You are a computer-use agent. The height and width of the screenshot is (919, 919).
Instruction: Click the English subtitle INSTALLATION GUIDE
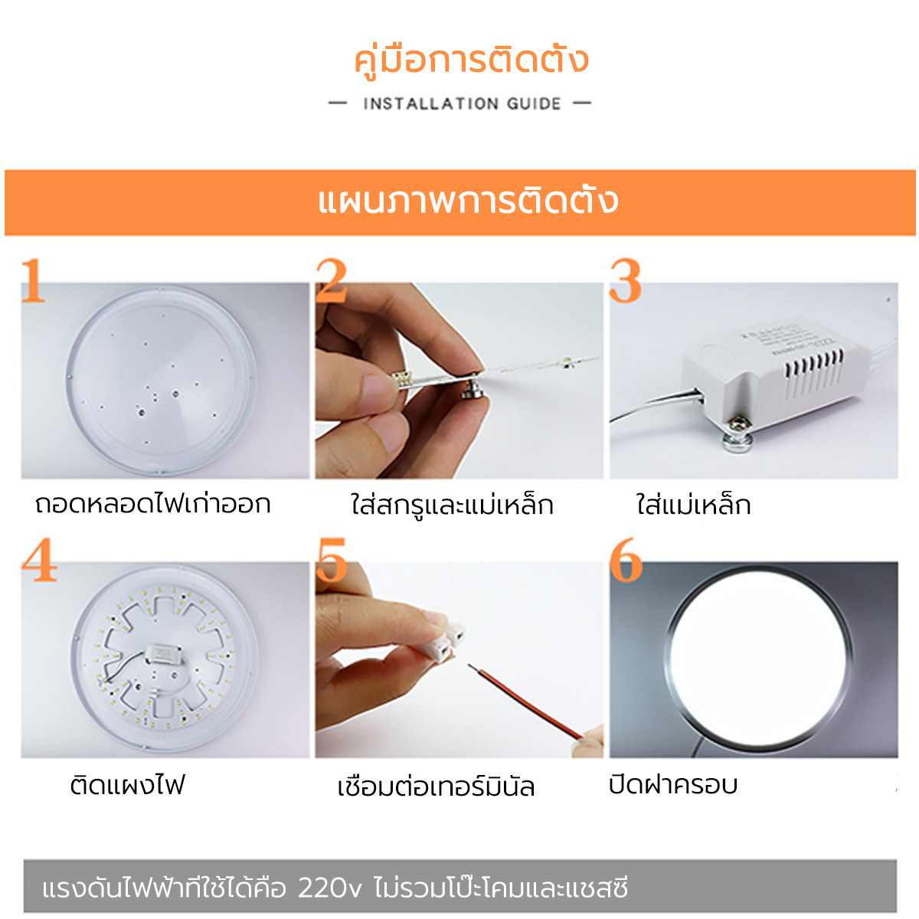point(462,104)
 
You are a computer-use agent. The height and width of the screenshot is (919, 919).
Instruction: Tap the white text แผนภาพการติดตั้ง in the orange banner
point(467,201)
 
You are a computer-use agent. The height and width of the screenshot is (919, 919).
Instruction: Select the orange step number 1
point(33,282)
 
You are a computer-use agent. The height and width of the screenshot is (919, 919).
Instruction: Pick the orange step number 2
point(332,281)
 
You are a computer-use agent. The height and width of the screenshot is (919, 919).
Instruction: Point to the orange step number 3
point(625,281)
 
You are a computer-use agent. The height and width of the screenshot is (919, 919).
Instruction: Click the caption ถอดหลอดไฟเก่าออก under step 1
point(153,505)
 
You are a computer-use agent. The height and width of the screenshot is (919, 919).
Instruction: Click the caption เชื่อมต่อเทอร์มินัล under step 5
point(436,787)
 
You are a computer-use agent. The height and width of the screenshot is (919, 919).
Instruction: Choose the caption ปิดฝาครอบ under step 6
point(673,785)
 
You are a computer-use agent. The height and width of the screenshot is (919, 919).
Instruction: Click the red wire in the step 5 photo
point(528,702)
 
